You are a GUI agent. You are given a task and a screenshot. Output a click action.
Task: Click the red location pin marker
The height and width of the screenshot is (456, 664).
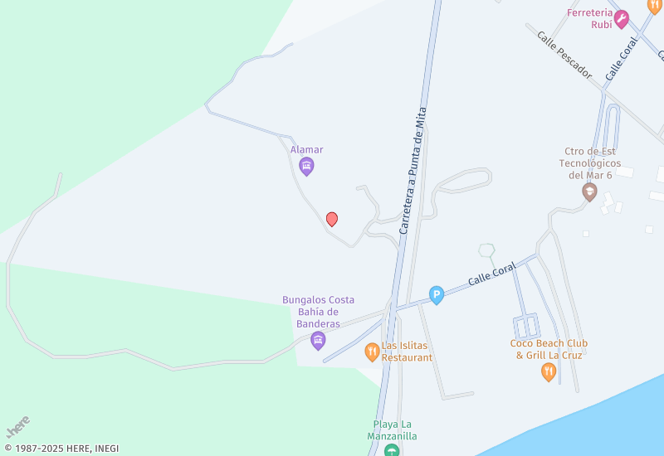(x=332, y=219)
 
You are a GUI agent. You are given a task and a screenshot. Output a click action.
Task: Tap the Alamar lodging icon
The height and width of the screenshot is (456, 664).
(x=307, y=167)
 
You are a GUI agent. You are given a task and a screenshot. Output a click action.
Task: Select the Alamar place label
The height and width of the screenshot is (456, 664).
(x=307, y=150)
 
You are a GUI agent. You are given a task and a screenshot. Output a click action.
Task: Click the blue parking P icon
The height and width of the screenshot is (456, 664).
(x=437, y=294)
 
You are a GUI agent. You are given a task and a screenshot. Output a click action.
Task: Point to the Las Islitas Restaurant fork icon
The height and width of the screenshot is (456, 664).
(x=372, y=352)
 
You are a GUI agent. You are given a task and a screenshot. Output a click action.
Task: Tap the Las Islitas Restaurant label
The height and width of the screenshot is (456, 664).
(x=407, y=352)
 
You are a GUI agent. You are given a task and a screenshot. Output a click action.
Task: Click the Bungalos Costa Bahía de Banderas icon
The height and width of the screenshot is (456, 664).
(x=318, y=340)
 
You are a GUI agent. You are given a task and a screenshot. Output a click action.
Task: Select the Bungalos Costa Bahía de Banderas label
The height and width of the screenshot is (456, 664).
(x=318, y=311)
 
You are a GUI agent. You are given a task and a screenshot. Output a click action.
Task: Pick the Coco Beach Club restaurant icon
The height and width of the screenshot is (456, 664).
(x=548, y=372)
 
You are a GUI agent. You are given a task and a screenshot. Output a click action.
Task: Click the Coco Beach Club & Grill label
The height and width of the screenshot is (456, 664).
(x=549, y=349)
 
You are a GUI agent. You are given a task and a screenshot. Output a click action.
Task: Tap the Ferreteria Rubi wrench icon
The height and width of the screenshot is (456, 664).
(x=621, y=19)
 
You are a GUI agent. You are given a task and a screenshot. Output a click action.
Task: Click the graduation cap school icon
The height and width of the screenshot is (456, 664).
(x=589, y=192)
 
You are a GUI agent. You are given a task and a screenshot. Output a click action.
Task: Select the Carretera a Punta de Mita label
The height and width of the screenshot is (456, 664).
(x=413, y=170)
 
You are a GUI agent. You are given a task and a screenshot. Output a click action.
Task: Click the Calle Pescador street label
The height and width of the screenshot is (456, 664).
(x=564, y=56)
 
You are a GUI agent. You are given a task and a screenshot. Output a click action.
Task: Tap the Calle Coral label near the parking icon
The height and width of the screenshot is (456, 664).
(x=491, y=274)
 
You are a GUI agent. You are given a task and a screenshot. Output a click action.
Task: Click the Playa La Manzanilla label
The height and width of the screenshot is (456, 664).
(x=393, y=429)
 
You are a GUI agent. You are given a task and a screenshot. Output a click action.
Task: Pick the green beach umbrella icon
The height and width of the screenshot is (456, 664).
(x=392, y=450)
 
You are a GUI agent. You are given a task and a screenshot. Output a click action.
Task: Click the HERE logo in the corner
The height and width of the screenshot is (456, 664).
(x=17, y=426)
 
